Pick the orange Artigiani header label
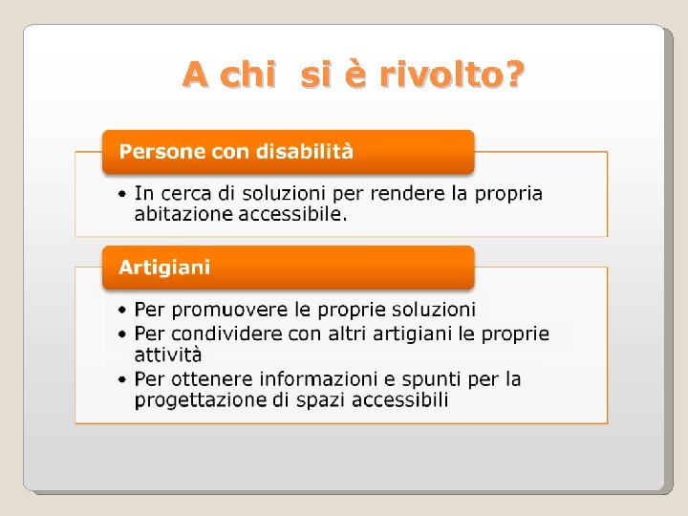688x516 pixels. (164, 268)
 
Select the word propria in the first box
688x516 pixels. (509, 194)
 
